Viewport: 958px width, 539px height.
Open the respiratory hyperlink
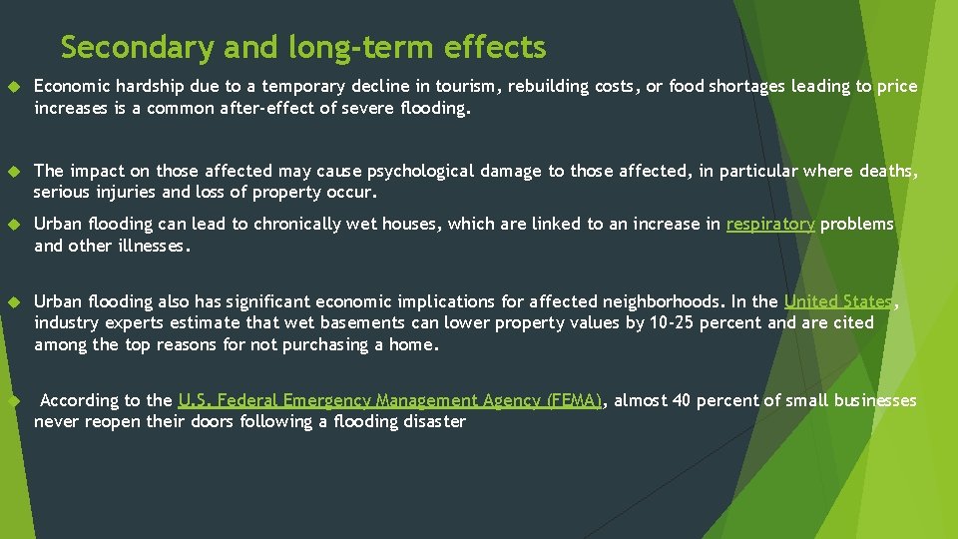click(x=769, y=225)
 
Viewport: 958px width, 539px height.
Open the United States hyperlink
click(x=838, y=301)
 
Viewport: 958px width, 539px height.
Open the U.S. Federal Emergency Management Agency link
click(x=389, y=400)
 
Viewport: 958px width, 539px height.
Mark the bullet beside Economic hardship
click(x=14, y=87)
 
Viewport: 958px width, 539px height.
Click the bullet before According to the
click(x=14, y=400)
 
